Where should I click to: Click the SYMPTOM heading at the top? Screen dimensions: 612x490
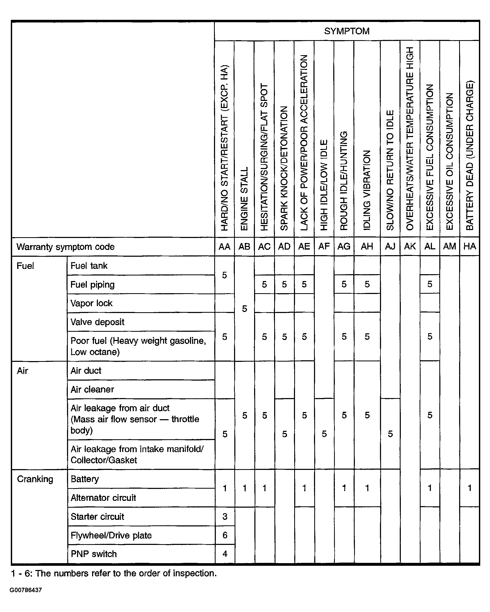346,31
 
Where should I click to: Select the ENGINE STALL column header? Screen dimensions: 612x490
244,198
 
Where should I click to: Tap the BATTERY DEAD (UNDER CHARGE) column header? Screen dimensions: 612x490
470,155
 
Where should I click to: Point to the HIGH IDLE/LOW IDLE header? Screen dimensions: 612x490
324,185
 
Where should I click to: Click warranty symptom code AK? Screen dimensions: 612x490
410,246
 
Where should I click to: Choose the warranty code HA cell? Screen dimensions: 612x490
470,246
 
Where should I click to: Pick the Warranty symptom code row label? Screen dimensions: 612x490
65,247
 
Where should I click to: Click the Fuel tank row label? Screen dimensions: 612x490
89,266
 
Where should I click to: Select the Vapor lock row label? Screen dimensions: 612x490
91,303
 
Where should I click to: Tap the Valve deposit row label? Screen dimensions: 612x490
97,322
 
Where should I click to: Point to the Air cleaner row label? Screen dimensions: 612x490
92,389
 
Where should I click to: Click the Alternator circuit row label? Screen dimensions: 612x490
103,498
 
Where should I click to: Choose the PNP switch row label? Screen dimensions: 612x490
94,554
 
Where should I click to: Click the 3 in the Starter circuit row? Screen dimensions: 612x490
225,516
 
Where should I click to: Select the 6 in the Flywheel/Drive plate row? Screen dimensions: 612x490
225,535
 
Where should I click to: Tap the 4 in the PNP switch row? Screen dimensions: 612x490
225,554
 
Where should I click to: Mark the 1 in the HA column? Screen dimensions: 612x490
470,488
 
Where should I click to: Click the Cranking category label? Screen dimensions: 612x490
35,479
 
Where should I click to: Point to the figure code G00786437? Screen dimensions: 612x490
26,590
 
